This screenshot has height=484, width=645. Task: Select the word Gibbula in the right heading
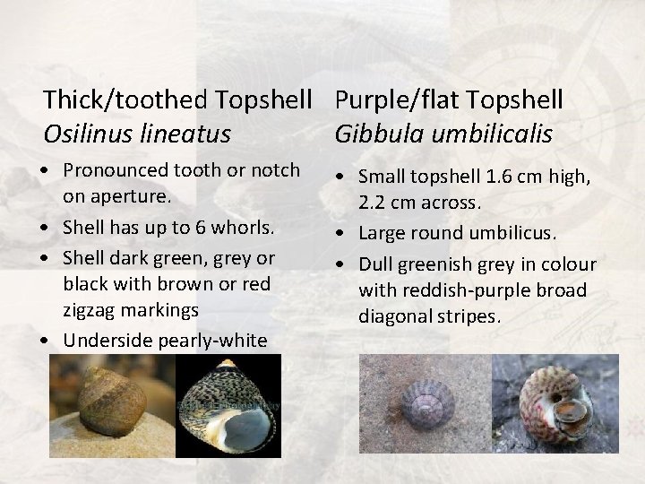[x=377, y=134]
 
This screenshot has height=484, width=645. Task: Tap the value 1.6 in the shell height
[x=501, y=177]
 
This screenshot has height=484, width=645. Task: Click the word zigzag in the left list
[x=89, y=310]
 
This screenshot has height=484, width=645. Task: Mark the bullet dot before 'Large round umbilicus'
[x=345, y=235]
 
